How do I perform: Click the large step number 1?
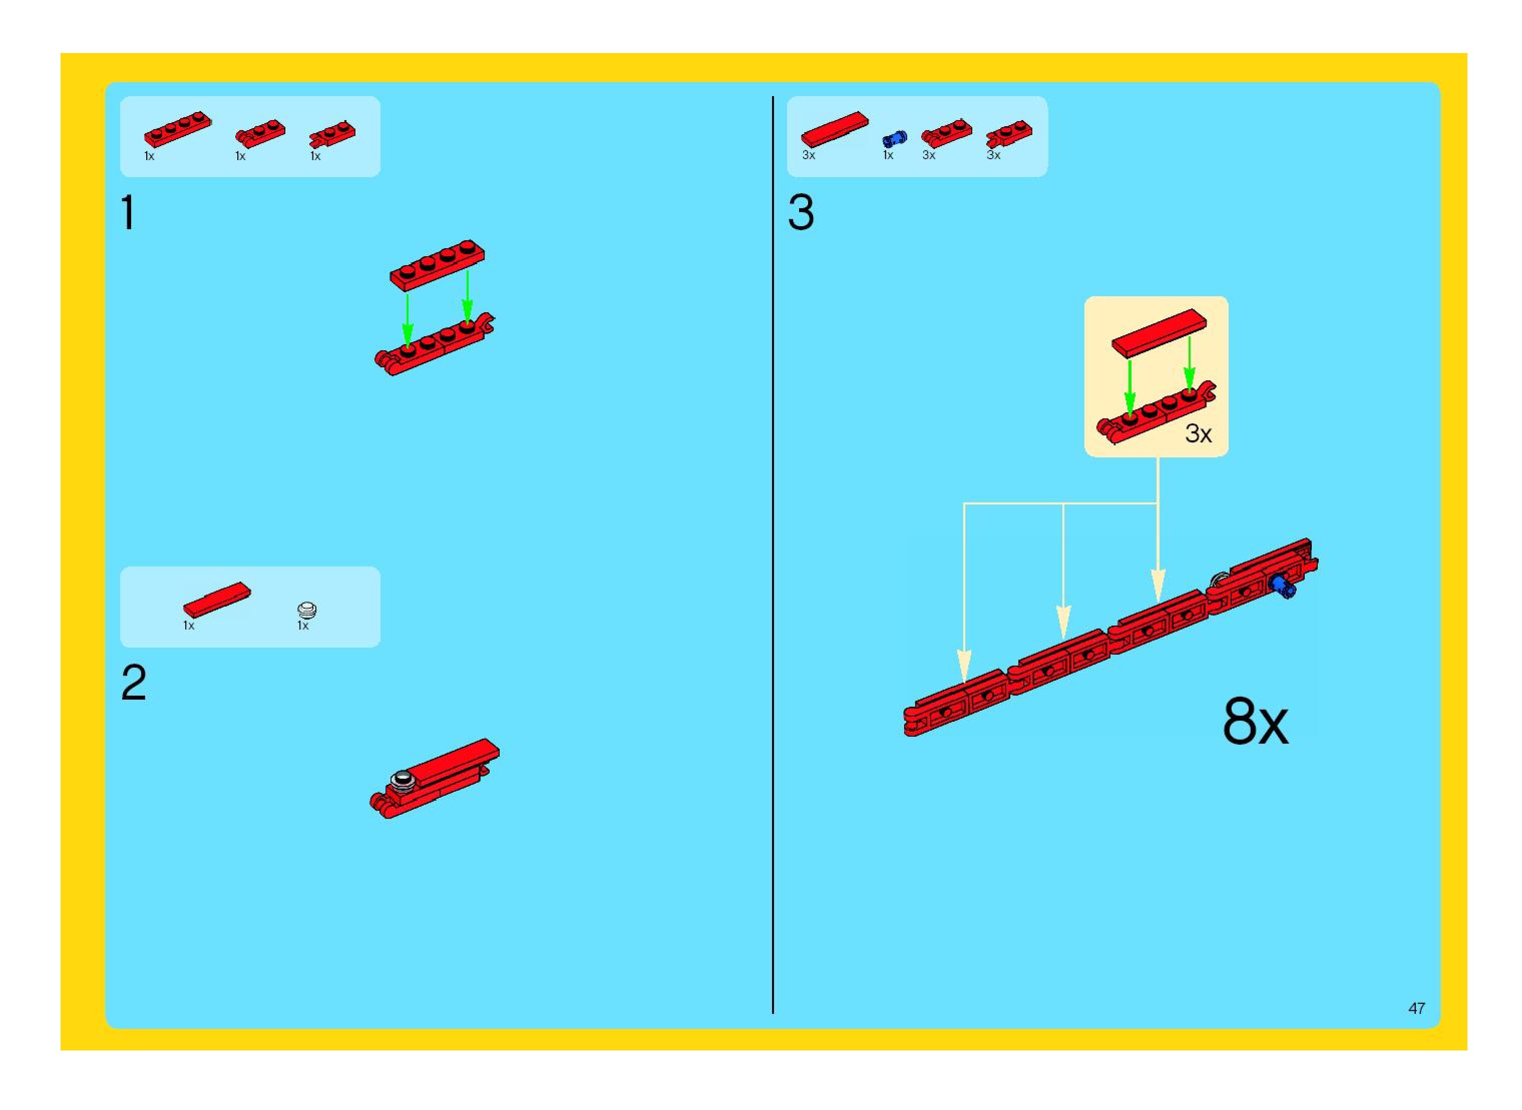coord(128,213)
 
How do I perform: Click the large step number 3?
coord(801,213)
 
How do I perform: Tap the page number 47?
coord(1416,1008)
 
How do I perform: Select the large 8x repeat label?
coord(1255,722)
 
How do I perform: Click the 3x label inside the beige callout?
coord(1198,433)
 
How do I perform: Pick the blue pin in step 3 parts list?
coord(894,139)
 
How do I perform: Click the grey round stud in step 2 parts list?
coord(306,610)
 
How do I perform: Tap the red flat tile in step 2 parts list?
coord(216,600)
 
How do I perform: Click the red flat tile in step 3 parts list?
coord(834,129)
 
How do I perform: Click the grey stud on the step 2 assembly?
coord(403,779)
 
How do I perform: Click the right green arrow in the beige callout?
coord(1189,363)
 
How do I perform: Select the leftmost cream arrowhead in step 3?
coord(964,665)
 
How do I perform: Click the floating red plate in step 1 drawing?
coord(437,265)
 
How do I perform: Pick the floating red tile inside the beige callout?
coord(1159,333)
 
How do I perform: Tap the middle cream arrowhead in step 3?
coord(1063,621)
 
